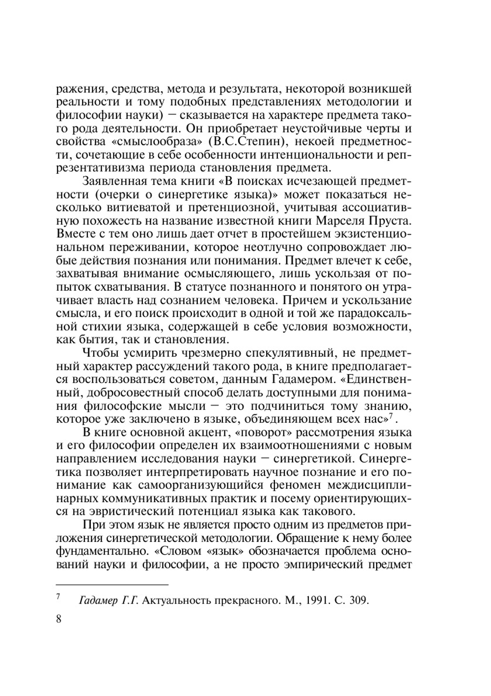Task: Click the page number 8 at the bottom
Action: (59, 618)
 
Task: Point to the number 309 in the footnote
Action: (358, 600)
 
